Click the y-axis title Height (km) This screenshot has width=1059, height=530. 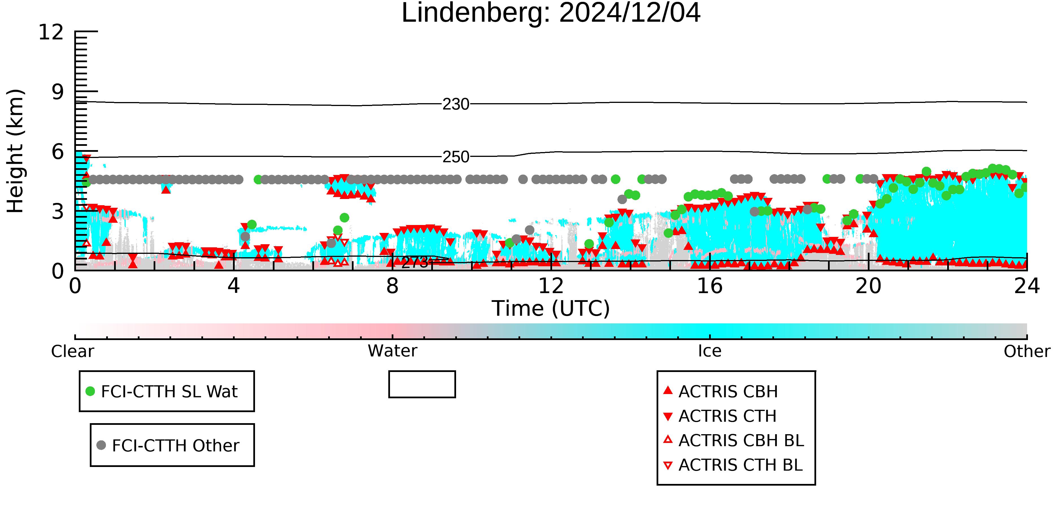tap(16, 151)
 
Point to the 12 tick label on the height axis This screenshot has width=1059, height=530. tap(51, 32)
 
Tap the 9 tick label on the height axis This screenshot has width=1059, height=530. tap(58, 92)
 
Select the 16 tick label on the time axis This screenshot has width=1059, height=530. tap(710, 286)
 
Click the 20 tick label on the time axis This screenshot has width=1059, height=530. tap(868, 286)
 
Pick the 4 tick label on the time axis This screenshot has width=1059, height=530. tap(234, 286)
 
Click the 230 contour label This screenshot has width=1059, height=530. tap(456, 105)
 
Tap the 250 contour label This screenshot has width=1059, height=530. tap(456, 157)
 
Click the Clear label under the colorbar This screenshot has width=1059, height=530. tap(72, 351)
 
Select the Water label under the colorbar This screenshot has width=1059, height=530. tap(393, 351)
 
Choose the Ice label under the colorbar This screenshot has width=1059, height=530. tap(710, 351)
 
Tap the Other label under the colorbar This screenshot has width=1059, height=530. tap(1027, 351)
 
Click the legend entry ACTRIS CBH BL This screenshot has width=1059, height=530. tap(734, 440)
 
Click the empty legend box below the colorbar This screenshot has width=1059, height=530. tap(422, 372)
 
